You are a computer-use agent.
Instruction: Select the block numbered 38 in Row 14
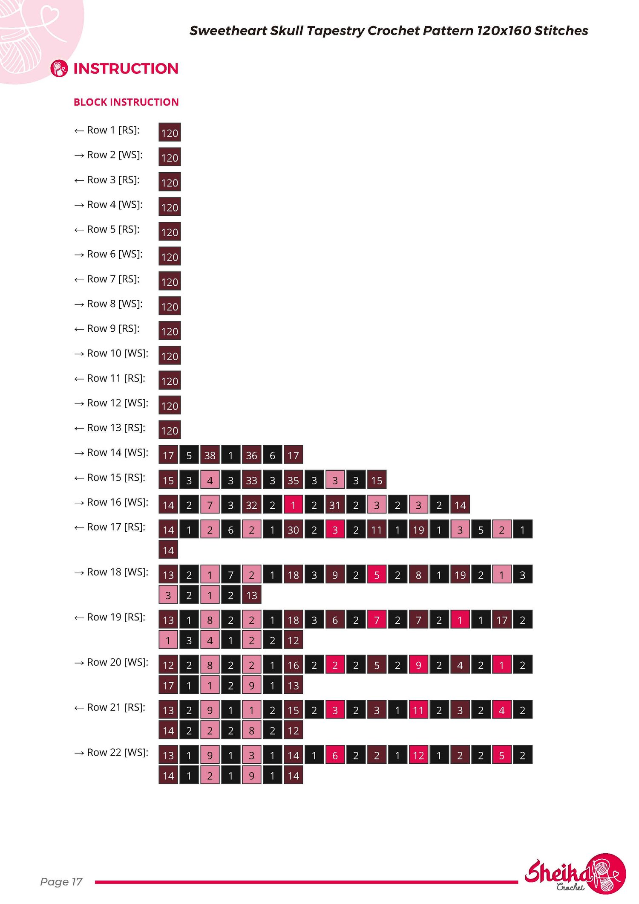210,455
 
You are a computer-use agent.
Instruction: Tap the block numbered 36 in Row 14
251,455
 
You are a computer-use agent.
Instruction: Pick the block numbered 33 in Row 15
251,480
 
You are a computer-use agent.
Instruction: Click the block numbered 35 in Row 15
293,480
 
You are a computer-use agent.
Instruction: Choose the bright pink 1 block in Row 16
293,504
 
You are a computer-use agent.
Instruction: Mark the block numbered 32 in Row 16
251,504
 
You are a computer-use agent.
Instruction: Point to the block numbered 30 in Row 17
293,529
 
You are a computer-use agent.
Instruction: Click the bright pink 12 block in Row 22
418,755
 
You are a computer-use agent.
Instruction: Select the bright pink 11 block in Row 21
418,710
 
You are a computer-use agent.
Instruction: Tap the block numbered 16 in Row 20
293,664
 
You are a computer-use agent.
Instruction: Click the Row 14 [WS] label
118,452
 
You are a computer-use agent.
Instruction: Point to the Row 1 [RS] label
113,130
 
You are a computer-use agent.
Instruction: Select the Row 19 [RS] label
116,617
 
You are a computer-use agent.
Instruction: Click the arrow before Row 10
79,354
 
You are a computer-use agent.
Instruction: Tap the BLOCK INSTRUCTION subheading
126,102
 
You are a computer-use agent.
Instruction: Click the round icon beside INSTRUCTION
59,68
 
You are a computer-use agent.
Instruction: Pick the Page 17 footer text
61,881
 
